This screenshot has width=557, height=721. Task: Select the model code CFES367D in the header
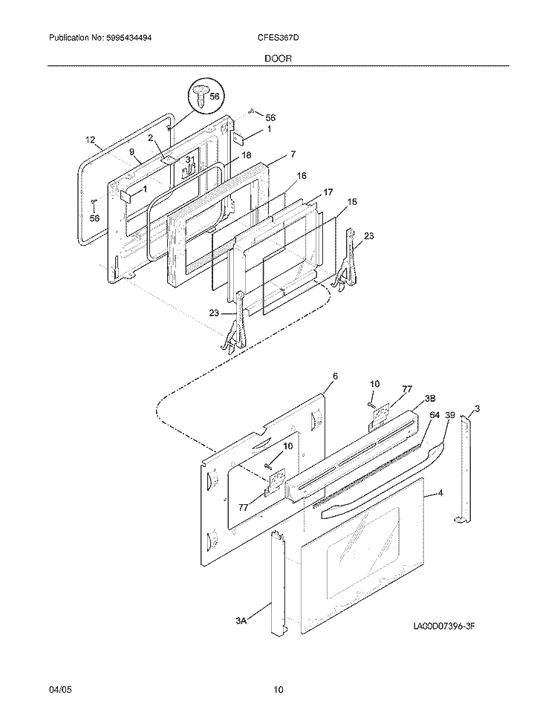tap(278, 38)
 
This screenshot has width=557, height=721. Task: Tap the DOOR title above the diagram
tap(278, 59)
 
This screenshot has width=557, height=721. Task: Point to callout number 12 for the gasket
tap(90, 140)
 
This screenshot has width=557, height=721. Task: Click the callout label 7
tap(293, 154)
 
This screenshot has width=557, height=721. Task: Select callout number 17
tap(328, 192)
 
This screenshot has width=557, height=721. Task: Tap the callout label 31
tap(190, 160)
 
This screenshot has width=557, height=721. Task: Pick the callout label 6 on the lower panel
tap(335, 376)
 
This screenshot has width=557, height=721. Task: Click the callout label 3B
tap(430, 398)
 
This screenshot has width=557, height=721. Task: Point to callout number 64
tap(434, 415)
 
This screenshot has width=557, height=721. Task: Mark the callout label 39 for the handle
tap(450, 415)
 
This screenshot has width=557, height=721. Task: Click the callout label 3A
tap(241, 621)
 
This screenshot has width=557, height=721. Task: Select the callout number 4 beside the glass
tap(440, 493)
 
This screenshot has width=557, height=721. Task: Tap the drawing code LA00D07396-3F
tap(443, 626)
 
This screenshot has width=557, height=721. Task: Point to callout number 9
tap(131, 151)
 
